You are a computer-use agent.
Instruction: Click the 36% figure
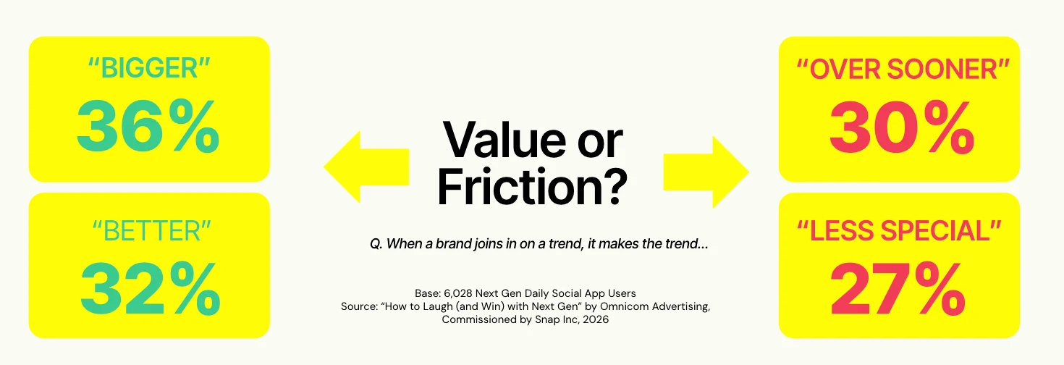pos(148,126)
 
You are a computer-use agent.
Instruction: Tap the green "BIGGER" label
pos(149,68)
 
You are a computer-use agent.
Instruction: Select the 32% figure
pos(150,288)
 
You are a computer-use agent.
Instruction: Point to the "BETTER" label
pos(151,231)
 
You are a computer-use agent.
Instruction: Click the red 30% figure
pos(902,127)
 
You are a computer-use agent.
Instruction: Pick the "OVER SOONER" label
pos(903,70)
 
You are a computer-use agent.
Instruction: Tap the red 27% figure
pos(898,288)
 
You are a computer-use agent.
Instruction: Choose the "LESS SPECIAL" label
pos(899,231)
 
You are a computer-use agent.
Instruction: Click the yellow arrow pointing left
pos(366,167)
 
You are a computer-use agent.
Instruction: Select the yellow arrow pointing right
pos(706,172)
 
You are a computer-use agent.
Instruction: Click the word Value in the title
pos(504,140)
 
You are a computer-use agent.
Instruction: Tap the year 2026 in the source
pos(596,319)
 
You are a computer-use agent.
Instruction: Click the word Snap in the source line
pos(547,320)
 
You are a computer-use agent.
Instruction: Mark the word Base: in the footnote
pos(428,294)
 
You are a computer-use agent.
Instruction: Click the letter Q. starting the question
pos(376,244)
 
